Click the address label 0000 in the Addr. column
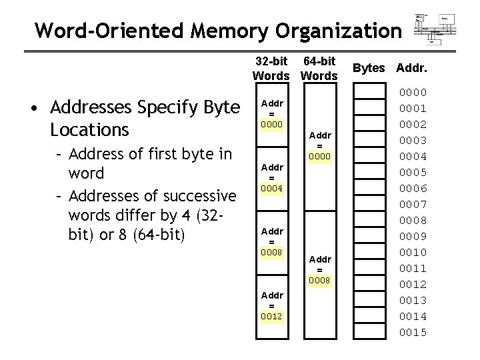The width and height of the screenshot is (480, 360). coord(413,93)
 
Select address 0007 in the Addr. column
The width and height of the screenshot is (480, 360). coord(413,205)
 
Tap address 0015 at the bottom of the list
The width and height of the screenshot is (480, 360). coord(413,333)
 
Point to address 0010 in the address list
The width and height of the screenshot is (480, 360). coord(413,253)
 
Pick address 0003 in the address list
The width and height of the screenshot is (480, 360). coord(413,141)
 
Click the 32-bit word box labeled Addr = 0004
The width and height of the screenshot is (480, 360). coord(271,178)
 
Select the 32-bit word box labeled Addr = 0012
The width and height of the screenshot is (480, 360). coord(271,306)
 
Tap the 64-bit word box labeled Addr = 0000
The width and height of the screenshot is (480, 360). coord(319,146)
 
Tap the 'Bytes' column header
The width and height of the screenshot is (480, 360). coord(369,68)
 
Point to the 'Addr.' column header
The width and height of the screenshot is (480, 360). coord(412,68)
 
